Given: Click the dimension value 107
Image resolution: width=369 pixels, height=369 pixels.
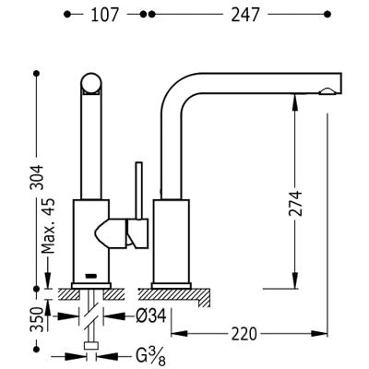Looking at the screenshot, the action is [x=104, y=15].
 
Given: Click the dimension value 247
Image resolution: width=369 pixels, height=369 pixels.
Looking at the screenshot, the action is [x=245, y=15].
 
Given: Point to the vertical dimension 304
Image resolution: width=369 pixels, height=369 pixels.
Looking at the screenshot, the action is [x=39, y=177].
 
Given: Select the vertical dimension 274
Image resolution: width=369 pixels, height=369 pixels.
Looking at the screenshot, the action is [x=295, y=204].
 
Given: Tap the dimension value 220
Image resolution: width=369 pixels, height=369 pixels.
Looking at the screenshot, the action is [x=244, y=334].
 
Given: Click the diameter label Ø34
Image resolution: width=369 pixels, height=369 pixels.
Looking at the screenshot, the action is [x=150, y=315].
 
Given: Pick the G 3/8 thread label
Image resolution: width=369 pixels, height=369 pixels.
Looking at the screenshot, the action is [x=150, y=358].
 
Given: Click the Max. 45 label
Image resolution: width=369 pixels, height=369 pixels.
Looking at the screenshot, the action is [x=48, y=226].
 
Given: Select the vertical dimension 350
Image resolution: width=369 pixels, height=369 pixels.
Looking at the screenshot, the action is [x=37, y=319].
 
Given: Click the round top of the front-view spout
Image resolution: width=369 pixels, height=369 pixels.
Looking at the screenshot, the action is [x=91, y=82].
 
